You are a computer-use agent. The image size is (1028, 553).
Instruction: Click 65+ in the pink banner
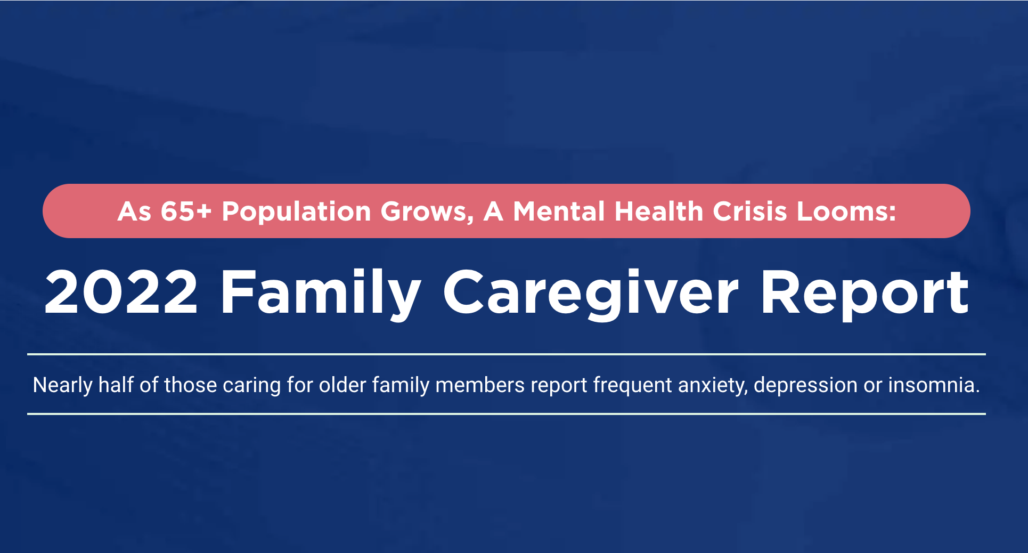186,211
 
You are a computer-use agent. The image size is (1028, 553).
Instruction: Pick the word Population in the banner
296,212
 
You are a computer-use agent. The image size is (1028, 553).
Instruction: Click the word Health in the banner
659,211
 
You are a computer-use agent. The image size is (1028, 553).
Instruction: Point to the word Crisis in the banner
750,211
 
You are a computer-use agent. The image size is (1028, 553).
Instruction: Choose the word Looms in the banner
846,211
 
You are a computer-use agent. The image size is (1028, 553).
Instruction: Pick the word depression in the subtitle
805,386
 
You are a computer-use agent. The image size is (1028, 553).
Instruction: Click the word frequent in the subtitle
633,386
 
